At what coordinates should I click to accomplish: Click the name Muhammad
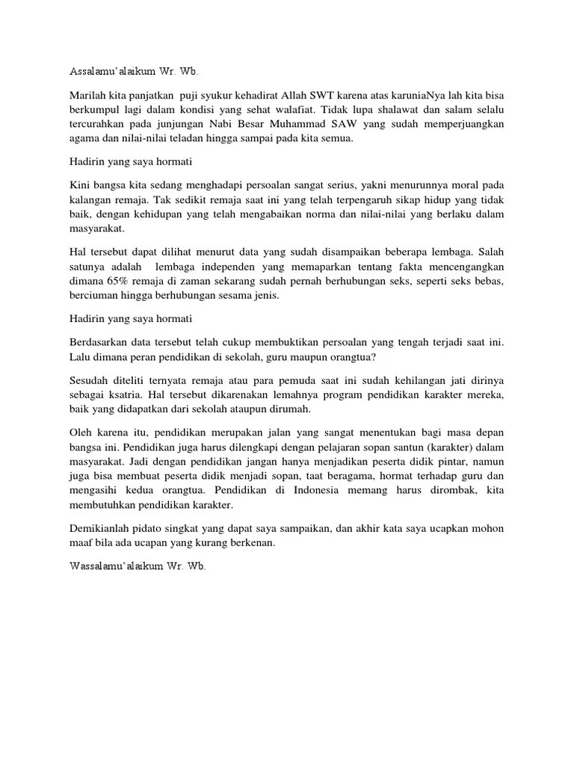368,124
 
